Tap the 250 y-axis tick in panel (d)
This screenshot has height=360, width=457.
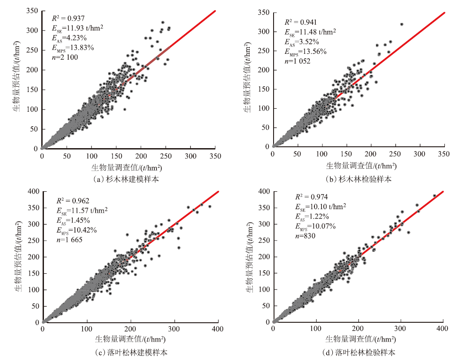pos(265,240)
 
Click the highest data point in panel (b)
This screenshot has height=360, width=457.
pos(401,24)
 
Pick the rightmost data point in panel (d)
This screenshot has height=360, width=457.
pos(434,196)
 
